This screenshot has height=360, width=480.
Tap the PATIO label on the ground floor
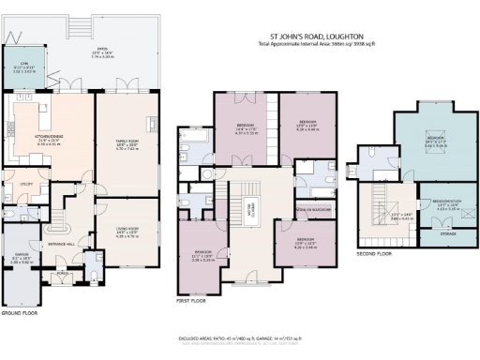click(97, 52)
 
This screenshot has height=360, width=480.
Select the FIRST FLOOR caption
click(192, 303)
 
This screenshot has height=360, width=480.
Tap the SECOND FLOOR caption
click(374, 253)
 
